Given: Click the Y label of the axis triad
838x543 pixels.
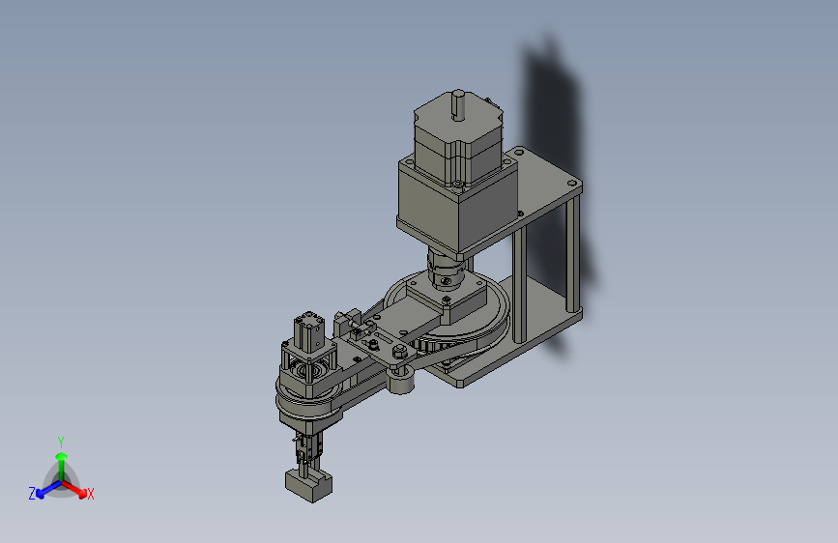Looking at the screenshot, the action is (x=61, y=443).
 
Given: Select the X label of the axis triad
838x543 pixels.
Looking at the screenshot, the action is (x=91, y=494).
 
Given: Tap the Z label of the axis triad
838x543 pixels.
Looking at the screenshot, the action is (x=32, y=493).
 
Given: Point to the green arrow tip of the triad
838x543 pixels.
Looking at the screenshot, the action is (x=62, y=456).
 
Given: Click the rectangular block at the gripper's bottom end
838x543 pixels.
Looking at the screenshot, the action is (x=308, y=485).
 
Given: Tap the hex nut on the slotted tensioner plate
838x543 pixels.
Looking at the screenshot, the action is (x=398, y=352).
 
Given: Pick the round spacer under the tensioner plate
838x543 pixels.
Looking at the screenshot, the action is (x=400, y=381).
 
